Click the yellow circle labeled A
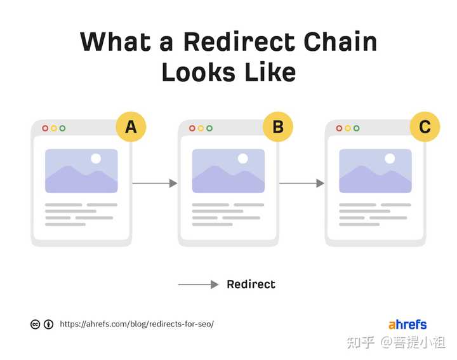point(131,127)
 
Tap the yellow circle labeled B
point(278,127)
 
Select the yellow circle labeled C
point(425,127)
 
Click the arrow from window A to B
point(155,183)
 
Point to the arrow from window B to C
point(302,183)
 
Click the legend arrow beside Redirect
point(198,284)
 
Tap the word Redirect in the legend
point(251,284)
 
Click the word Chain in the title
point(340,42)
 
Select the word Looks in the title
point(199,72)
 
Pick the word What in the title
point(116,42)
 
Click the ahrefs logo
point(407,324)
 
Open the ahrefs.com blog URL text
point(136,324)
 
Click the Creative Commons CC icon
point(36,324)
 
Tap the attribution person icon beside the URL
point(48,324)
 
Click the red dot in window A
point(45,128)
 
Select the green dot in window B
point(209,128)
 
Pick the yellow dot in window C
point(348,128)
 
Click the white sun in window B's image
point(242,159)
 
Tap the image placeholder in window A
point(81,171)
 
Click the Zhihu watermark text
point(396,342)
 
